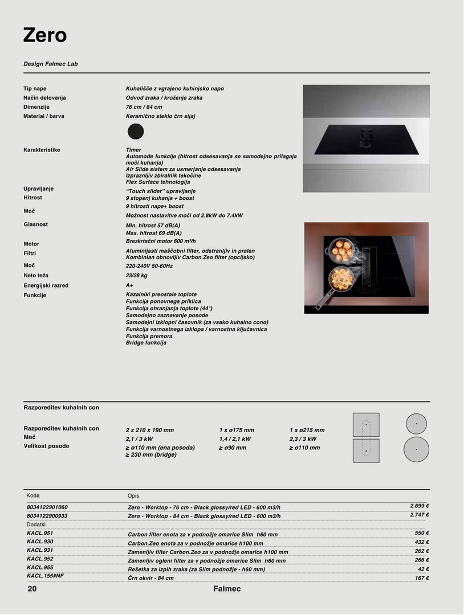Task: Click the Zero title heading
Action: (45, 35)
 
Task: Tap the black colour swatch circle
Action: (136, 132)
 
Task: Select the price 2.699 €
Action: (419, 506)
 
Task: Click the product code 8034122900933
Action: (47, 515)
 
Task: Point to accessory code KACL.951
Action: (40, 533)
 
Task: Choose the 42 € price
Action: (423, 569)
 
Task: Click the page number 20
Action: (32, 589)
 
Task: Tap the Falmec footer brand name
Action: (227, 589)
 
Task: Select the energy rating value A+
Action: (129, 285)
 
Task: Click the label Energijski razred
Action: (46, 285)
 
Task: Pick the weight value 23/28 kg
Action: (136, 276)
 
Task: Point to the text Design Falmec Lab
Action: (51, 64)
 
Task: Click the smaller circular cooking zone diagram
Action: (416, 424)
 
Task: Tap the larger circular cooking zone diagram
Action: (416, 449)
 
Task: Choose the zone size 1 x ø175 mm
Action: (237, 430)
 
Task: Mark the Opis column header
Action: (133, 496)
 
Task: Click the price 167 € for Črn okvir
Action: (422, 578)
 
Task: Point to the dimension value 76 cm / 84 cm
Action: (144, 107)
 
